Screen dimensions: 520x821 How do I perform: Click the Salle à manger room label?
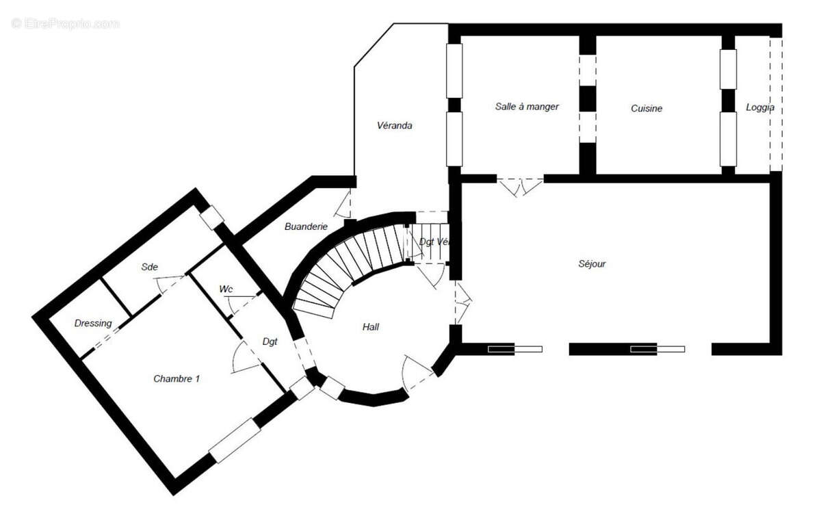pyautogui.click(x=527, y=107)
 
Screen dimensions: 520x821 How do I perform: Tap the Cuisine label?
pyautogui.click(x=647, y=108)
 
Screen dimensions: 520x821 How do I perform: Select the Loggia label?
pyautogui.click(x=759, y=107)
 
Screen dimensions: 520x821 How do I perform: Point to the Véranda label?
pyautogui.click(x=395, y=126)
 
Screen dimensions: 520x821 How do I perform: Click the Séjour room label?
pyautogui.click(x=592, y=263)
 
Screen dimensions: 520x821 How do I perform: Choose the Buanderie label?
pyautogui.click(x=306, y=226)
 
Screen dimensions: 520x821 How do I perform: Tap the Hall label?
pyautogui.click(x=371, y=327)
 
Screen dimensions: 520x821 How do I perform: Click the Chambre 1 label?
pyautogui.click(x=177, y=378)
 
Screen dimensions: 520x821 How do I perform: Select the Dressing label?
pyautogui.click(x=93, y=323)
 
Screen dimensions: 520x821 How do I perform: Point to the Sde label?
pyautogui.click(x=149, y=268)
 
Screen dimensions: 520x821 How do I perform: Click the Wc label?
pyautogui.click(x=226, y=289)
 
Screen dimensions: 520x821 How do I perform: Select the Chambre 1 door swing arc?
pyautogui.click(x=243, y=359)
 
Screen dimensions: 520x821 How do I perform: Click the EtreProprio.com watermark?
pyautogui.click(x=65, y=23)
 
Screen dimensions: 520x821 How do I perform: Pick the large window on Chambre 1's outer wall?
pyautogui.click(x=235, y=440)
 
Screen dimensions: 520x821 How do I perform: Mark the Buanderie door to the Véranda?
pyautogui.click(x=345, y=203)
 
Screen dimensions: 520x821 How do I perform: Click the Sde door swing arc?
pyautogui.click(x=164, y=284)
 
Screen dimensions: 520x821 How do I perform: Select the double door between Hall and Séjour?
pyautogui.click(x=463, y=302)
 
